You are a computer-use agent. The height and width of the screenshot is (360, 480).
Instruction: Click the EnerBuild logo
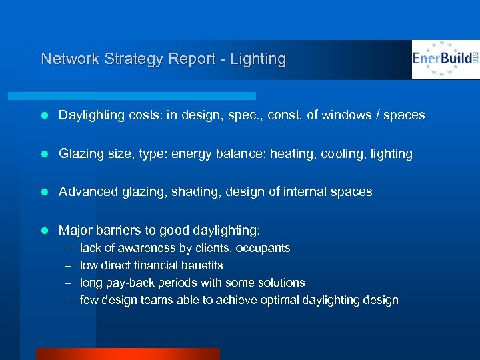[x=445, y=59]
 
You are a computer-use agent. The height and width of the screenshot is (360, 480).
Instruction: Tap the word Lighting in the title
[x=258, y=59]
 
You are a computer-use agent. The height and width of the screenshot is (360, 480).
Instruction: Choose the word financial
[x=155, y=265]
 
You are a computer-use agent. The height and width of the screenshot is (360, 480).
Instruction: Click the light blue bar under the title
[x=147, y=96]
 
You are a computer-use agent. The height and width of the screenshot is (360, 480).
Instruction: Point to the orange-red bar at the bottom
[x=127, y=354]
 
